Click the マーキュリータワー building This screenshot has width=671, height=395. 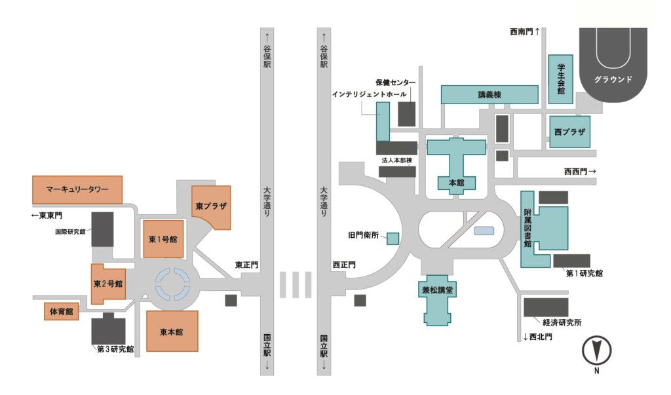click(x=77, y=189)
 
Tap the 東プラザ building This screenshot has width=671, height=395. click(x=211, y=207)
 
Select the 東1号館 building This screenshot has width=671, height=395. click(x=163, y=239)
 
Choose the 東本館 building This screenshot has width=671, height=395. click(x=172, y=331)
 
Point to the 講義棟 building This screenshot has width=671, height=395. click(x=489, y=94)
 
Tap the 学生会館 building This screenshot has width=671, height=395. click(x=561, y=79)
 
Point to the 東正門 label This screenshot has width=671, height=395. click(x=246, y=265)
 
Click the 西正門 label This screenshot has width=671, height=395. click(x=343, y=265)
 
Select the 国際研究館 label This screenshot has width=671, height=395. click(x=70, y=231)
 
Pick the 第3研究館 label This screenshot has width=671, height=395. click(x=115, y=349)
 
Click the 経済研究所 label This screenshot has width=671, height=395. click(x=562, y=323)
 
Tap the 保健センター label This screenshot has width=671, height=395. click(x=395, y=83)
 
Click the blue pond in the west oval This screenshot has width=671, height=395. click(x=484, y=231)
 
